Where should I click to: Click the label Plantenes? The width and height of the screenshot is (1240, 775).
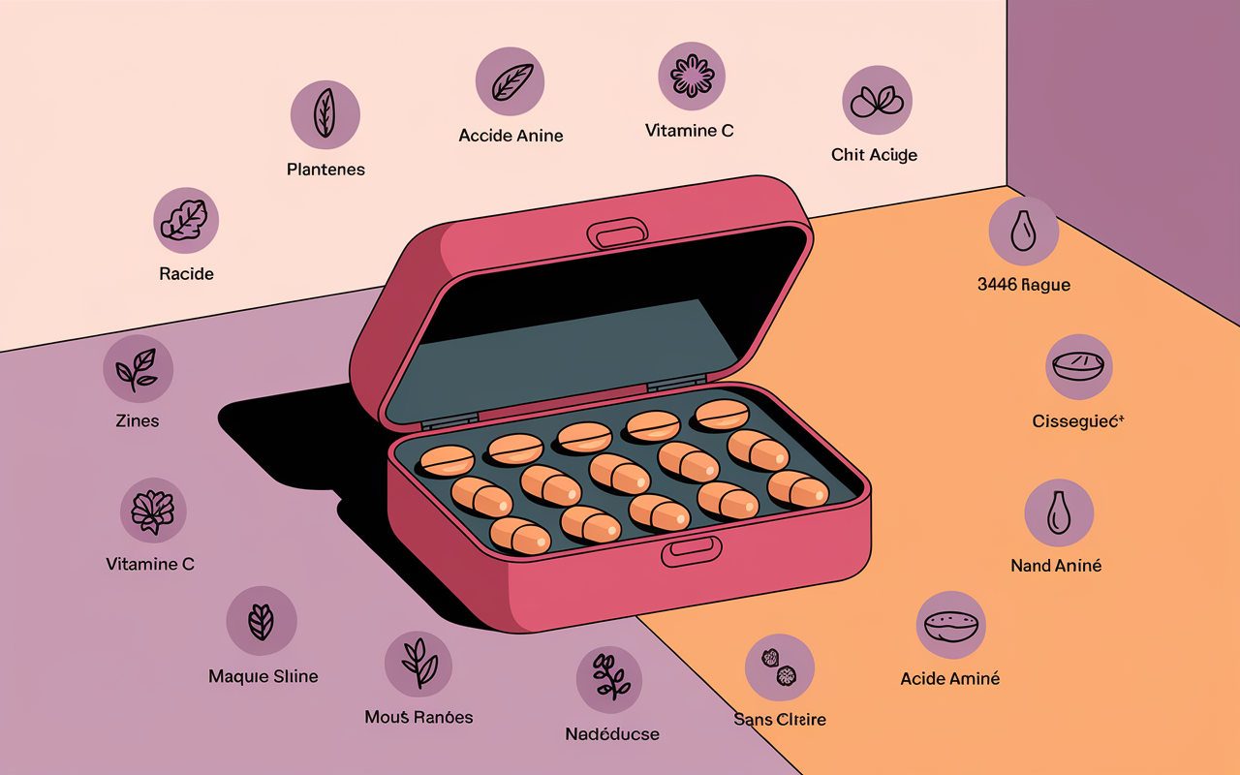pyautogui.click(x=325, y=170)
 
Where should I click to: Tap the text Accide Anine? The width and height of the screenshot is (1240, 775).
pyautogui.click(x=511, y=136)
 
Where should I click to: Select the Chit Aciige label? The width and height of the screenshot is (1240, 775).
pyautogui.click(x=874, y=155)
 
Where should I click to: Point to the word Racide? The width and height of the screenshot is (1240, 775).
pyautogui.click(x=186, y=274)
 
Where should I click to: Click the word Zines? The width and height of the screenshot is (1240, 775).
pyautogui.click(x=138, y=421)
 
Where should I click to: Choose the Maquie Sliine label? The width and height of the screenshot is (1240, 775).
pyautogui.click(x=263, y=676)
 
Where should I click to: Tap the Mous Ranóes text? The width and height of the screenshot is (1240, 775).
pyautogui.click(x=418, y=718)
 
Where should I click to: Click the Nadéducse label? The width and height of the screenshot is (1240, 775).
pyautogui.click(x=612, y=734)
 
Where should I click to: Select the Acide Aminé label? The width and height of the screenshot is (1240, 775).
pyautogui.click(x=950, y=679)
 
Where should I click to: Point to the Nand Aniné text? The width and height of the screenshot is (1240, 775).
pyautogui.click(x=1056, y=566)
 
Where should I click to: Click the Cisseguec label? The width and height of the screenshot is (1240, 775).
pyautogui.click(x=1077, y=421)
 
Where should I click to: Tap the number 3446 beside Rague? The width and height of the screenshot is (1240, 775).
pyautogui.click(x=998, y=285)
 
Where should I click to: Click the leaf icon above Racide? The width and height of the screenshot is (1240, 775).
pyautogui.click(x=186, y=220)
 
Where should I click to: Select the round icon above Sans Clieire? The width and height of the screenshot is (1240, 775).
pyautogui.click(x=780, y=667)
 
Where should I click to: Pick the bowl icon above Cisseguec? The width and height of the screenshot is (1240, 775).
pyautogui.click(x=1078, y=366)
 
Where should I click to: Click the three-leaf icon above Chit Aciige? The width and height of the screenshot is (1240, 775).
pyautogui.click(x=877, y=100)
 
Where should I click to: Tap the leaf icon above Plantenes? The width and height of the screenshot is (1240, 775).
pyautogui.click(x=325, y=114)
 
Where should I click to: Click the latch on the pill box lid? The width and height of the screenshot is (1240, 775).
pyautogui.click(x=617, y=233)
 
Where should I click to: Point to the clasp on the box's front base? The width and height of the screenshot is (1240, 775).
pyautogui.click(x=692, y=552)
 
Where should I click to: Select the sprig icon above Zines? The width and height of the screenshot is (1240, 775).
pyautogui.click(x=138, y=369)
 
